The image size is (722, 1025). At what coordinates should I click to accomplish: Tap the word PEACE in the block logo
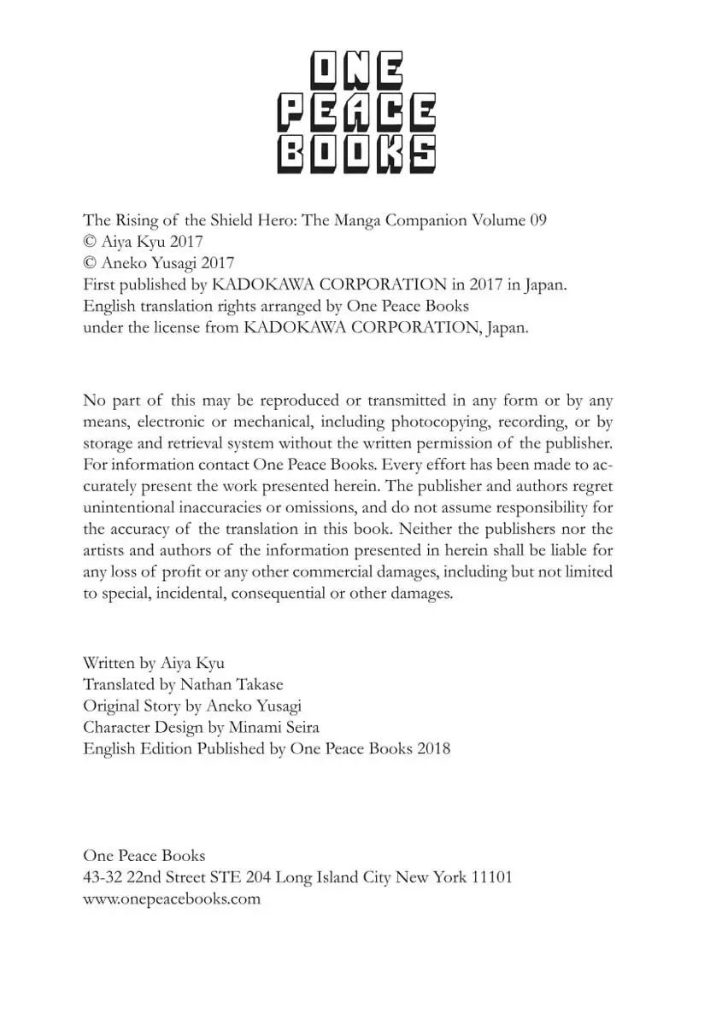click(358, 114)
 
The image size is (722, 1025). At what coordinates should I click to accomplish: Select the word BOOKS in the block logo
click(358, 155)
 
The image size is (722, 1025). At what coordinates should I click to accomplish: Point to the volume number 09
click(537, 220)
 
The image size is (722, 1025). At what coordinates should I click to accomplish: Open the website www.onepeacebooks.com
click(172, 899)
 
